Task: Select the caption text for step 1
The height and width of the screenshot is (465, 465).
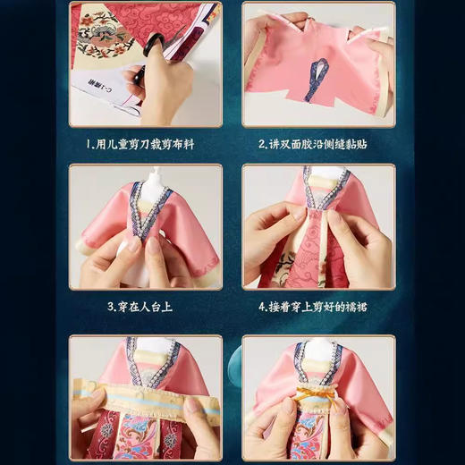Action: [146, 143]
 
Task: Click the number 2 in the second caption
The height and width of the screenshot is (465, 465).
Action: [262, 143]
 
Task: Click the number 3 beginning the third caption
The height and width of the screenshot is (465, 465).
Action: [108, 306]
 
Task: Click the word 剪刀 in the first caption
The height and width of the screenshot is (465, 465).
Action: [156, 143]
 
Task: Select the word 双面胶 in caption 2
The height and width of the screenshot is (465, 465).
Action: [305, 143]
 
